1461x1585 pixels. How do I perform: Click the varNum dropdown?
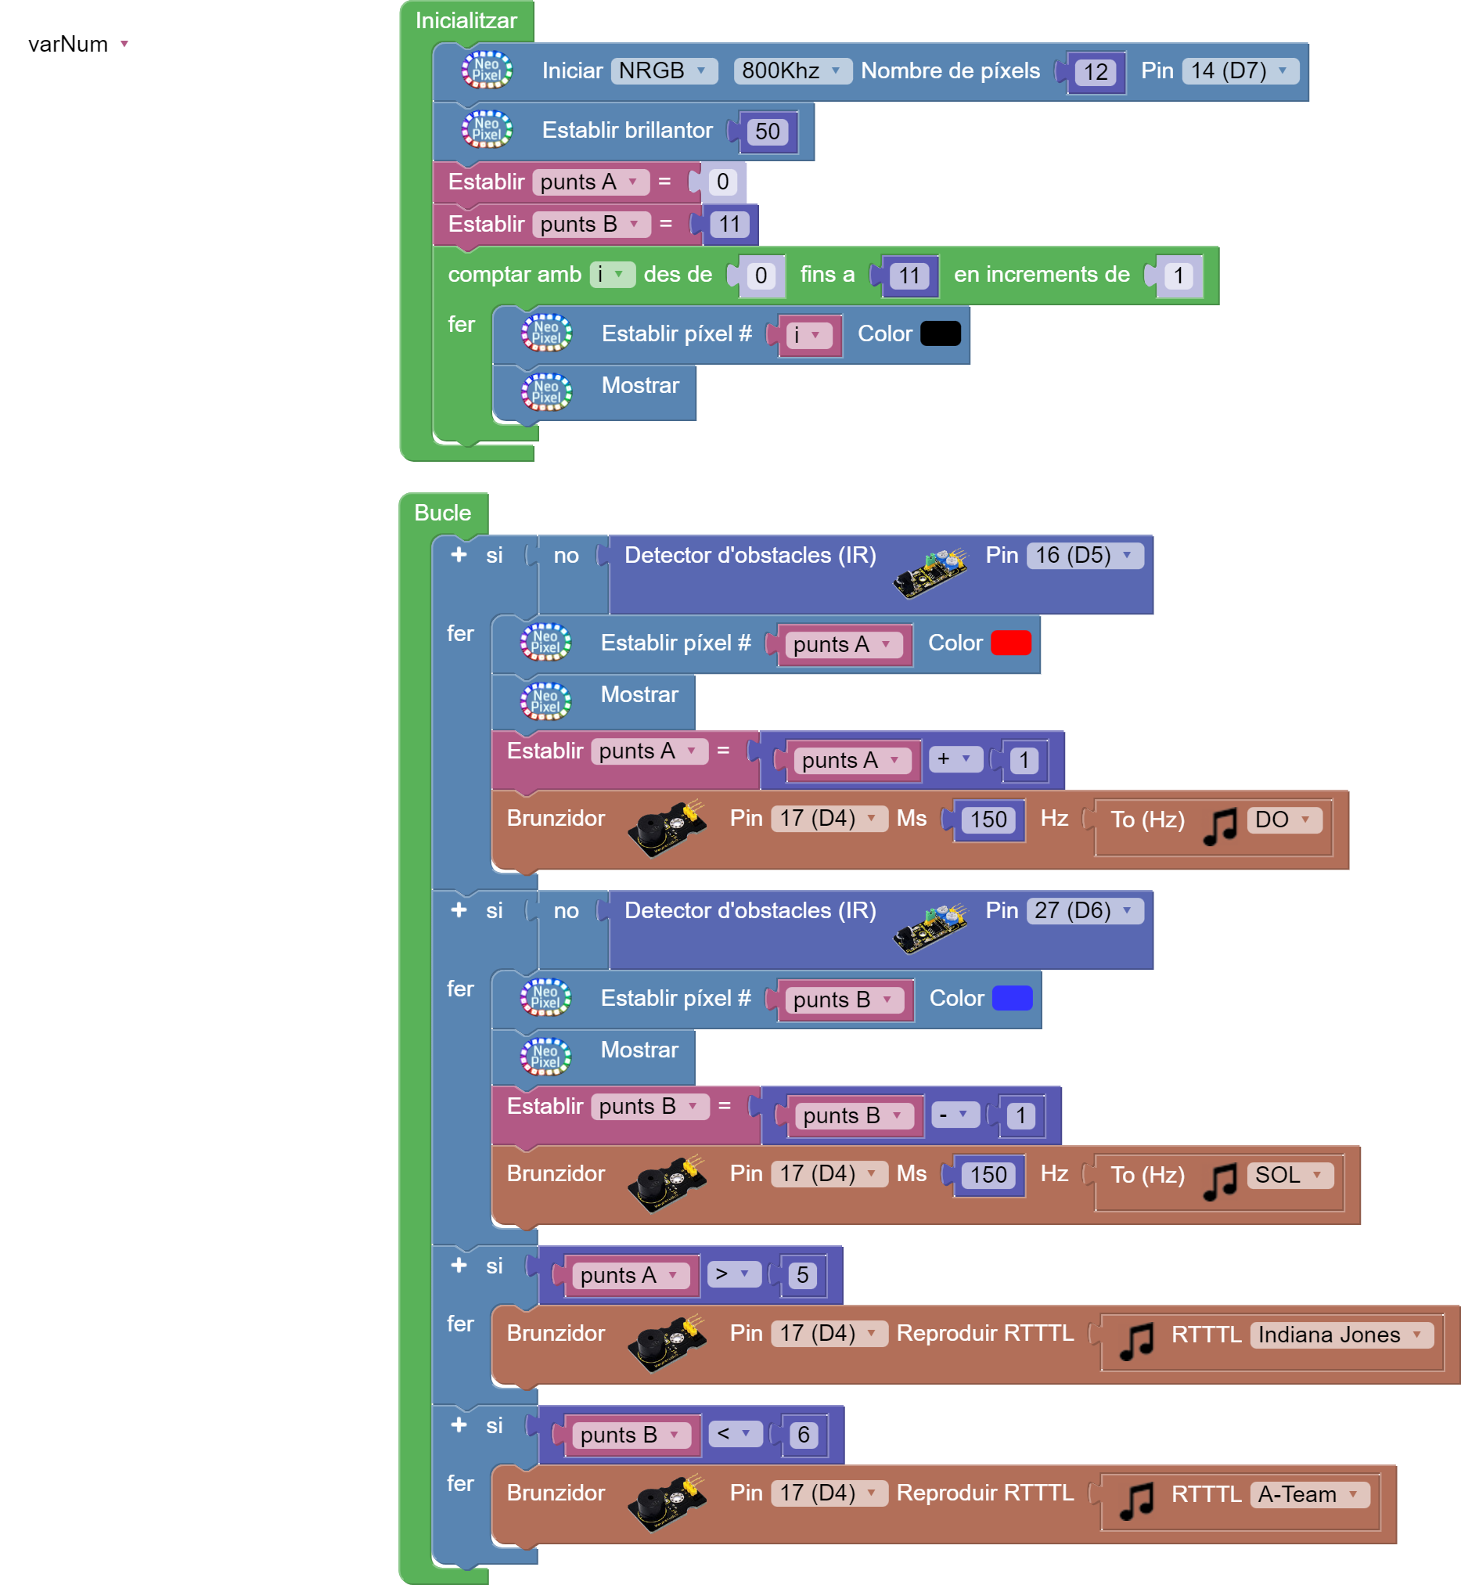(80, 45)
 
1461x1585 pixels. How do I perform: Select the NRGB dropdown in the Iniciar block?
(664, 71)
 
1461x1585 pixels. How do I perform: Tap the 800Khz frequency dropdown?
(791, 71)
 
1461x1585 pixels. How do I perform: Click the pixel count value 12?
(1095, 73)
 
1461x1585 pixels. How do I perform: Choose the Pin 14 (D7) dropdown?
(1240, 71)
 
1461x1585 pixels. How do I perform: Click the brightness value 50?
(767, 132)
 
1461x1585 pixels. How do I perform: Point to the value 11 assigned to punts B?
(729, 225)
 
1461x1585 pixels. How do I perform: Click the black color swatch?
(940, 333)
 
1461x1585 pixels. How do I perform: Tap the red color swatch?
(1010, 643)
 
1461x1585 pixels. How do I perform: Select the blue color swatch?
(1012, 998)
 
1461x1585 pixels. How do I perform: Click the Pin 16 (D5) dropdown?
(1084, 556)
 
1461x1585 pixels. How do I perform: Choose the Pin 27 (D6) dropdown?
(1084, 911)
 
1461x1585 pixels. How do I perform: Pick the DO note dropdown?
(1283, 820)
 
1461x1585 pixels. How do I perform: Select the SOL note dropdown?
(1289, 1176)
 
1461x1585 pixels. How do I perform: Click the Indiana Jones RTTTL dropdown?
(1340, 1335)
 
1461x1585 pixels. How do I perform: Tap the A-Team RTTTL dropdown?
(1309, 1495)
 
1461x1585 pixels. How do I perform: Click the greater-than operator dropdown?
(733, 1274)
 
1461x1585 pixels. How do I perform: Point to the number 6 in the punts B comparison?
(803, 1435)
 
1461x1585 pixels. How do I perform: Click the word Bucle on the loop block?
(443, 513)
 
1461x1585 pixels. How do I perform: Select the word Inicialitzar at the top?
(466, 21)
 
